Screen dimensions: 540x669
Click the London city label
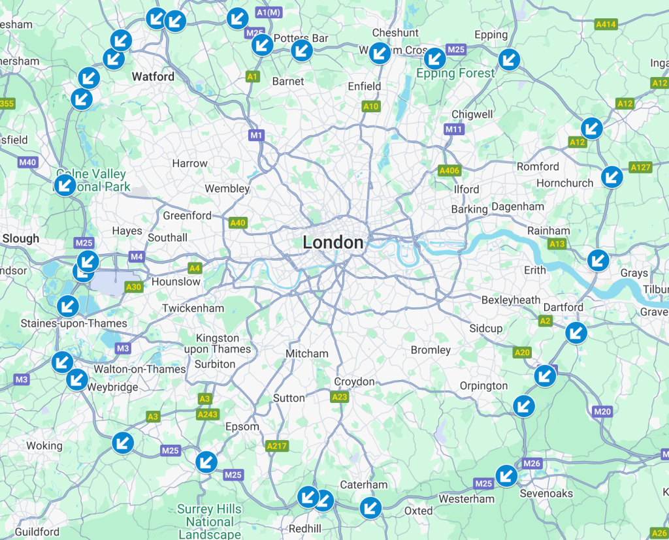(x=333, y=243)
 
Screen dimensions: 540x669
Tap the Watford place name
(x=153, y=77)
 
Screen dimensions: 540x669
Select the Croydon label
(x=354, y=382)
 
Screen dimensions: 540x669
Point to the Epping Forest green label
(x=455, y=74)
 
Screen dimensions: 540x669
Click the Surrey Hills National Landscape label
(x=210, y=522)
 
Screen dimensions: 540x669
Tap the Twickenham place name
(x=193, y=308)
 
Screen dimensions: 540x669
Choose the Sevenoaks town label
(x=546, y=494)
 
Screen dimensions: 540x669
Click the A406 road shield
(x=449, y=171)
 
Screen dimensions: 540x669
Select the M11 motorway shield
(x=453, y=129)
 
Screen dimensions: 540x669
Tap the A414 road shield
(x=606, y=25)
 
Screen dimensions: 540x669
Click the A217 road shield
(x=276, y=446)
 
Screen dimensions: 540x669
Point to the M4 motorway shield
(x=137, y=257)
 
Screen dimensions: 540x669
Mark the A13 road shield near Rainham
(x=557, y=244)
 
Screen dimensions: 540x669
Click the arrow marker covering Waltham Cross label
(x=380, y=52)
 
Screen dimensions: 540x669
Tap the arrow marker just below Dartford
(x=576, y=333)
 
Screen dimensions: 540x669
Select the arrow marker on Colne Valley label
(x=64, y=185)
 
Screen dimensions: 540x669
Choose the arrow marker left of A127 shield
(x=612, y=176)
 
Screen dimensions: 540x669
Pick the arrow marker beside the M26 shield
(x=506, y=475)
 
